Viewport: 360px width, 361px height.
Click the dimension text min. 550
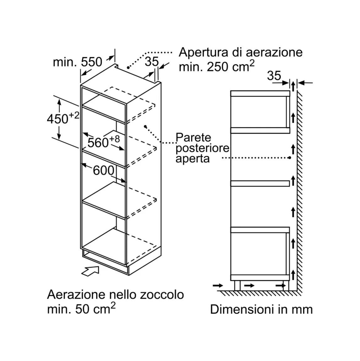click(x=77, y=62)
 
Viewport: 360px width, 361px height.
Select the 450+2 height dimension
click(x=63, y=118)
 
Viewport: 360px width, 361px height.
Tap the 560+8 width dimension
click(x=104, y=142)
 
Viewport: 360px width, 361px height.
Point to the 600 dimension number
click(x=104, y=170)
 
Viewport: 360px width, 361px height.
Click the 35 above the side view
click(x=274, y=76)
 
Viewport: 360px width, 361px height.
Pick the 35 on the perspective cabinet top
click(x=152, y=62)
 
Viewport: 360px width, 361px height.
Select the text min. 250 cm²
click(x=217, y=67)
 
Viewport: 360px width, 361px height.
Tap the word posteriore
click(x=202, y=148)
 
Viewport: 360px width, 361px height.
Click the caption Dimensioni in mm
click(x=261, y=309)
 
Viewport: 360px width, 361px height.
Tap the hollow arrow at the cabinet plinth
click(x=90, y=270)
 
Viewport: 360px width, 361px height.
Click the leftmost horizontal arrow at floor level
click(x=218, y=285)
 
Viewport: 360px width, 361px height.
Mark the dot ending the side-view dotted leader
click(x=290, y=158)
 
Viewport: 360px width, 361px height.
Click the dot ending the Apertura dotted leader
click(x=128, y=67)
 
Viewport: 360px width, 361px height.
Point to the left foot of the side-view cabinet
click(x=237, y=285)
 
